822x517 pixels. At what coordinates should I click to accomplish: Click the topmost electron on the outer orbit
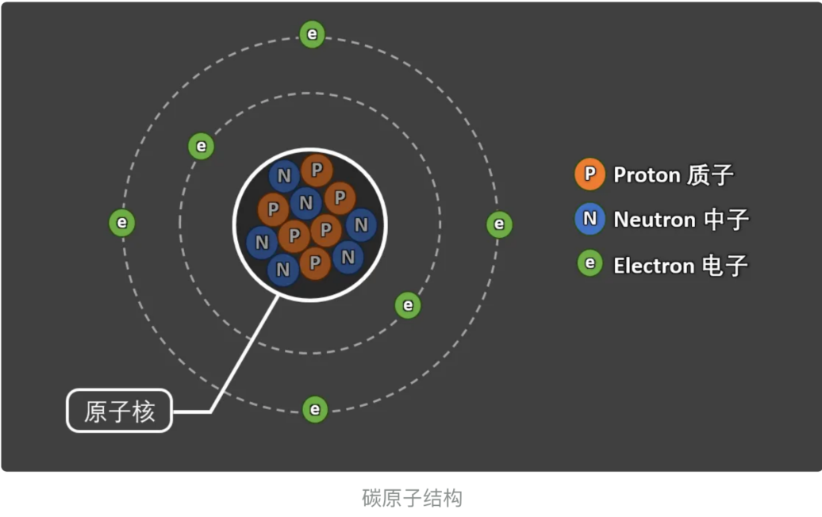(x=312, y=34)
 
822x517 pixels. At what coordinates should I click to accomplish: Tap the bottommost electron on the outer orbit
(x=315, y=409)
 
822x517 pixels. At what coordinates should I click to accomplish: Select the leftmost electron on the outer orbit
(x=121, y=223)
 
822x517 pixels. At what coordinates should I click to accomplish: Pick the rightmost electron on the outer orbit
(x=499, y=224)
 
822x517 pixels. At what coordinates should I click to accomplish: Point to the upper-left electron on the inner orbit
(x=202, y=146)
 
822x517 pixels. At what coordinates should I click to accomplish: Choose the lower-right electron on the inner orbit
(x=408, y=305)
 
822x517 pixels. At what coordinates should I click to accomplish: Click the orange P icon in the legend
(x=590, y=174)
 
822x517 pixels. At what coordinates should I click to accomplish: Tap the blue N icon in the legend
(x=590, y=219)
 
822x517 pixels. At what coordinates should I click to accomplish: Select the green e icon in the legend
(x=590, y=263)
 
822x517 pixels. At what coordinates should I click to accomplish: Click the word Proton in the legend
(x=647, y=174)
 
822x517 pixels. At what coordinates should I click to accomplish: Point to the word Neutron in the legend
(x=653, y=220)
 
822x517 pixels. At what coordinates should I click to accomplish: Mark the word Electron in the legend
(x=654, y=265)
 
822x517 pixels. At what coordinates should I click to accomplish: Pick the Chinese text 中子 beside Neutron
(x=726, y=220)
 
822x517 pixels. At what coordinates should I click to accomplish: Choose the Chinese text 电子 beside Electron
(x=726, y=265)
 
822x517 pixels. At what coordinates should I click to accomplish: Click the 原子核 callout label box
(x=119, y=411)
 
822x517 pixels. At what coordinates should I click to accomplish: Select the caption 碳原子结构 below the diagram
(x=412, y=498)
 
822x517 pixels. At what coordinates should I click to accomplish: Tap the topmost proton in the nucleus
(x=317, y=169)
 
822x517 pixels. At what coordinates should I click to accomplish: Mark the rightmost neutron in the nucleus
(x=361, y=225)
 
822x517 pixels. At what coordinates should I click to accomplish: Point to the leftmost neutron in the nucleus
(x=262, y=243)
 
